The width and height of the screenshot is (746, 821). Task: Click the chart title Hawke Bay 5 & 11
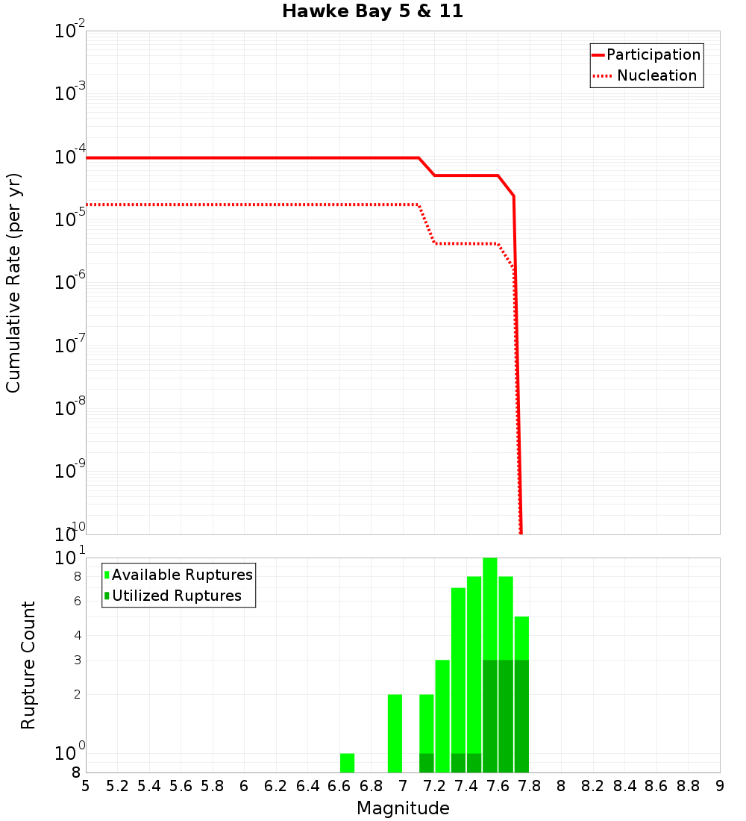[372, 12]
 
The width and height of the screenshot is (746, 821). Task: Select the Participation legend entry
[653, 54]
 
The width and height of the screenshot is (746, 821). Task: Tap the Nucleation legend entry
[656, 75]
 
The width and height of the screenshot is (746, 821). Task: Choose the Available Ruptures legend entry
[182, 575]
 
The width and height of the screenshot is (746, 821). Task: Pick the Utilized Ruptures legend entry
[176, 596]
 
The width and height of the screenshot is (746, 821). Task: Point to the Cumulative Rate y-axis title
[13, 283]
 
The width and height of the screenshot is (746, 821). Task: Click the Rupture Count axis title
[28, 665]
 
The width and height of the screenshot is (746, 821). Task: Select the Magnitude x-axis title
[403, 808]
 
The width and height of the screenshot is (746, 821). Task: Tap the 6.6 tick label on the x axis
[339, 786]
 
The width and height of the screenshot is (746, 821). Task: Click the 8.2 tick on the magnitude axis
[593, 786]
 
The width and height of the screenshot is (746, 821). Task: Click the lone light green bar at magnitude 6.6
[347, 763]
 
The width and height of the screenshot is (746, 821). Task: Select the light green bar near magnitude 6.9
[395, 733]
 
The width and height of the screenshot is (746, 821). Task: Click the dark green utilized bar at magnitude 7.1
[426, 763]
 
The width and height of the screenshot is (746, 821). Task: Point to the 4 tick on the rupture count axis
[77, 636]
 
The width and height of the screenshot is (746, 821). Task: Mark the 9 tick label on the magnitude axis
[719, 786]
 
